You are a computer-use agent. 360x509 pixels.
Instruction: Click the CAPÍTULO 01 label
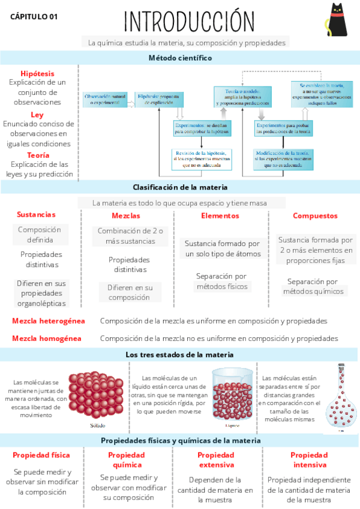(34, 17)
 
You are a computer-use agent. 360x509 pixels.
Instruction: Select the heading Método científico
(180, 58)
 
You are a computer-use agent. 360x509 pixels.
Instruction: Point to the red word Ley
(37, 114)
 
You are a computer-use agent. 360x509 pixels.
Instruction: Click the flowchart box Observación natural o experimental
(106, 100)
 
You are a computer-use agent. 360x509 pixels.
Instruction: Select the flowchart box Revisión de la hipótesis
(202, 157)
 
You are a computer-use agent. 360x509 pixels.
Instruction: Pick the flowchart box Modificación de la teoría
(283, 157)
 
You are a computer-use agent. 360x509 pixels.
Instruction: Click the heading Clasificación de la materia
(180, 187)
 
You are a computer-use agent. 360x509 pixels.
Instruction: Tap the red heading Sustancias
(36, 214)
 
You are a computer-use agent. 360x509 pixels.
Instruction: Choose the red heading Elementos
(220, 216)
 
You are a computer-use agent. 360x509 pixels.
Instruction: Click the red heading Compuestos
(315, 216)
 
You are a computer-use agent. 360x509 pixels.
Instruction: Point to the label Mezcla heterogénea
(49, 321)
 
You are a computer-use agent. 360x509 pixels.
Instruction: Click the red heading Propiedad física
(41, 455)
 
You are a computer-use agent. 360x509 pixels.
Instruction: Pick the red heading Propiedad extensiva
(220, 460)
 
